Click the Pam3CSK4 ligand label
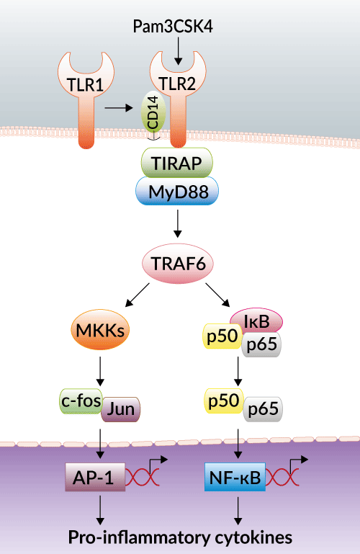pyautogui.click(x=173, y=27)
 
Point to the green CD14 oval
pyautogui.click(x=153, y=112)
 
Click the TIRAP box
pyautogui.click(x=177, y=163)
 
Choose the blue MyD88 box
pyautogui.click(x=177, y=191)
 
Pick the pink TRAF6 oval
pyautogui.click(x=178, y=264)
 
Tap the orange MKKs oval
pyautogui.click(x=100, y=331)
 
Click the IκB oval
pyautogui.click(x=256, y=321)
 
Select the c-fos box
pyautogui.click(x=81, y=401)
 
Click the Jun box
pyautogui.click(x=121, y=409)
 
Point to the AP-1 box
pyautogui.click(x=95, y=478)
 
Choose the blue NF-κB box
pyautogui.click(x=235, y=478)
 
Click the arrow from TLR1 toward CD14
pyautogui.click(x=119, y=107)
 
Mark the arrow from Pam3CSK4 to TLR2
pyautogui.click(x=178, y=51)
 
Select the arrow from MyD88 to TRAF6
pyautogui.click(x=178, y=223)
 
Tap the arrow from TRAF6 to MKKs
pyautogui.click(x=138, y=295)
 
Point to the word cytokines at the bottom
pyautogui.click(x=253, y=537)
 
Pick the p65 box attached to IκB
pyautogui.click(x=261, y=344)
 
